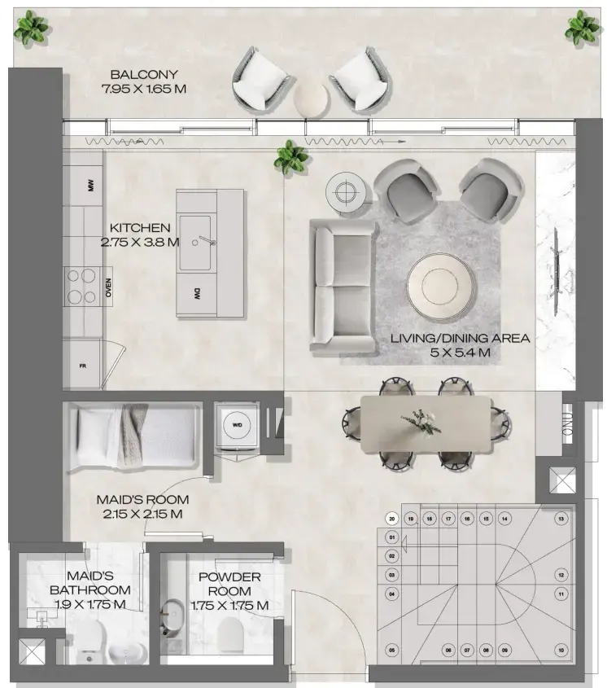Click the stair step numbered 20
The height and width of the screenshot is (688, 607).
point(392,518)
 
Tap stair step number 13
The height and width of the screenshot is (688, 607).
point(560,518)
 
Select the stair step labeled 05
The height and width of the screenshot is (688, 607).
point(392,650)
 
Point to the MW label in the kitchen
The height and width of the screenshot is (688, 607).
point(91,187)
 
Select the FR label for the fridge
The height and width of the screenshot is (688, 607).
point(82,366)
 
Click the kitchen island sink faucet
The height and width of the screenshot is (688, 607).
point(207,241)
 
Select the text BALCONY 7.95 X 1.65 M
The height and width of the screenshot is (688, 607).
point(144,81)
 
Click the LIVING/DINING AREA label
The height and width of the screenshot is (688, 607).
point(460,344)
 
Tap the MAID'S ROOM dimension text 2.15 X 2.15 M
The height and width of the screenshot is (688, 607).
point(142,514)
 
